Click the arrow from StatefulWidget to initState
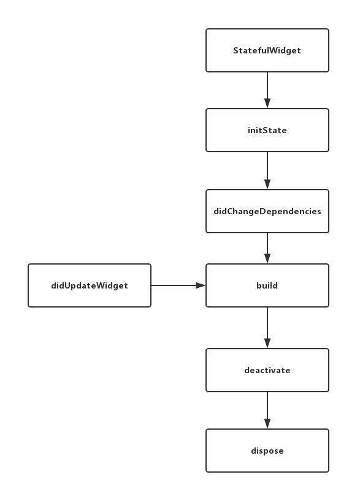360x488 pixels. [x=267, y=89]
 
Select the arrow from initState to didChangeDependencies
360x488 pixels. [x=267, y=169]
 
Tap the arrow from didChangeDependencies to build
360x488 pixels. [x=267, y=247]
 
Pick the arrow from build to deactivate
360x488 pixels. [x=267, y=327]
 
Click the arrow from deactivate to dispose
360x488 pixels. [x=267, y=409]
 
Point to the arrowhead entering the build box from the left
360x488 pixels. [x=201, y=285]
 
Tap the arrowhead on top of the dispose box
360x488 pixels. [x=267, y=424]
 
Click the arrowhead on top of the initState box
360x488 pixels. [x=267, y=104]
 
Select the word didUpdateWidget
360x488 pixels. [x=90, y=285]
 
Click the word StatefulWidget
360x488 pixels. [x=267, y=50]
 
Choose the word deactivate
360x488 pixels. [x=267, y=370]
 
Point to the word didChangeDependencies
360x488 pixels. [x=267, y=211]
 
